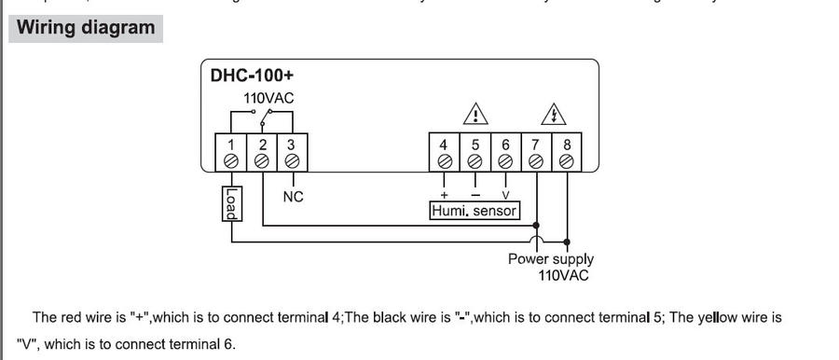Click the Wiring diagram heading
(x=85, y=27)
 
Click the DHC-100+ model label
(x=245, y=76)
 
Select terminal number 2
(x=262, y=152)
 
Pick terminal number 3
(x=292, y=152)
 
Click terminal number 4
(x=444, y=152)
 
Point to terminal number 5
(x=475, y=152)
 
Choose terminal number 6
(x=505, y=152)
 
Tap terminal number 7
(x=536, y=152)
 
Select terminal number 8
(x=567, y=152)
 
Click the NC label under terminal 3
(x=293, y=197)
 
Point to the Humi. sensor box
(x=474, y=211)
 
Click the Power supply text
(x=550, y=259)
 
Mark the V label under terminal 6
(x=505, y=195)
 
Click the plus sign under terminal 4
(x=444, y=195)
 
